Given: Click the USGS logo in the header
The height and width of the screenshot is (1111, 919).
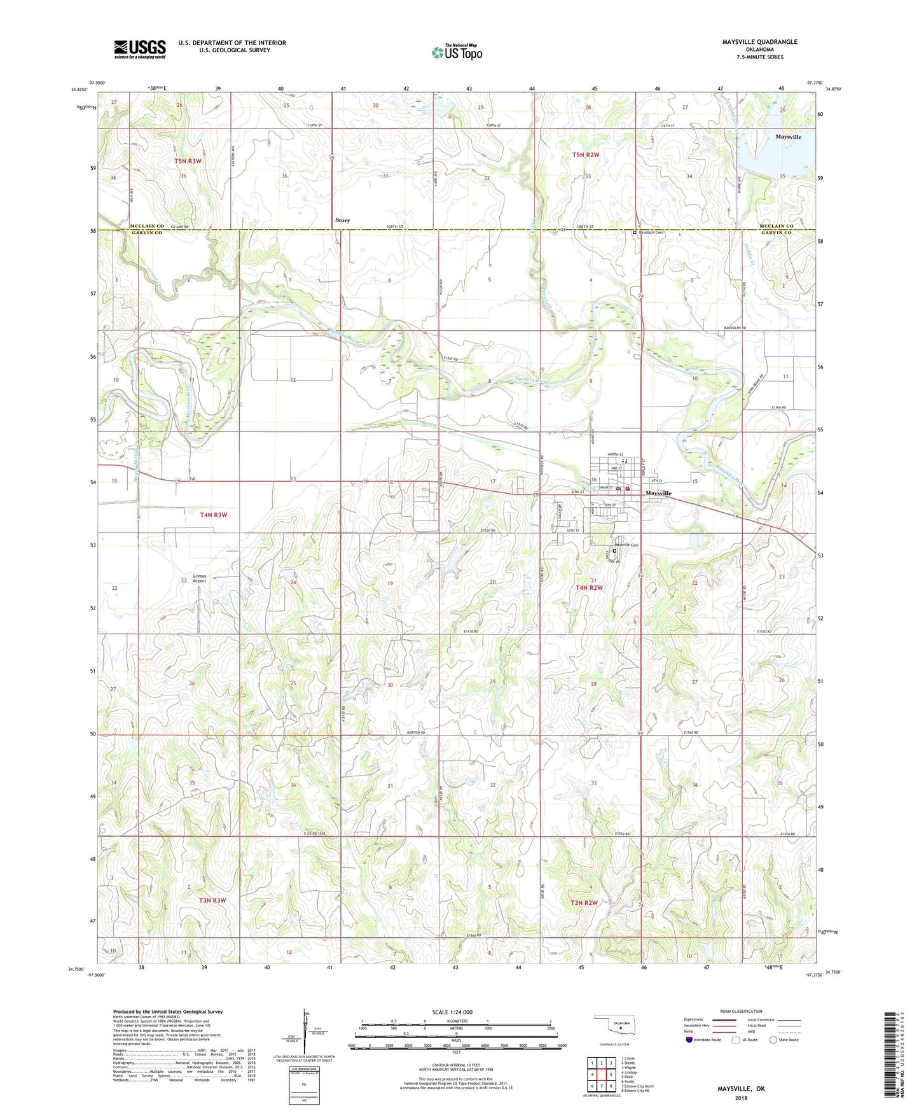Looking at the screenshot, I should pyautogui.click(x=140, y=49).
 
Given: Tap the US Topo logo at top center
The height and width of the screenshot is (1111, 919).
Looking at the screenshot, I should pyautogui.click(x=457, y=52).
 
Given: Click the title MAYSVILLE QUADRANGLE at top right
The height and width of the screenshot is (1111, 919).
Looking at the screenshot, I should pyautogui.click(x=759, y=42).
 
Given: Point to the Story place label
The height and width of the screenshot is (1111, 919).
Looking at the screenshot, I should pyautogui.click(x=342, y=220).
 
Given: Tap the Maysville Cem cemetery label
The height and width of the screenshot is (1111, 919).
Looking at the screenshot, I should pyautogui.click(x=626, y=545).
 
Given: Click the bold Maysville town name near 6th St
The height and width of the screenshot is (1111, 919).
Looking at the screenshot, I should pyautogui.click(x=658, y=493).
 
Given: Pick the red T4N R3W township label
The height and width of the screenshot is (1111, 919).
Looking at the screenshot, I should pyautogui.click(x=209, y=515).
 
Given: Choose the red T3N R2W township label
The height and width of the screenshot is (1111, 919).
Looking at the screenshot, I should pyautogui.click(x=584, y=903).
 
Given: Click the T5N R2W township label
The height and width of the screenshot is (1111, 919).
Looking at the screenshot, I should pyautogui.click(x=586, y=155).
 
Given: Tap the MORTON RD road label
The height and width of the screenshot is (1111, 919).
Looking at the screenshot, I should pyautogui.click(x=415, y=733).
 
